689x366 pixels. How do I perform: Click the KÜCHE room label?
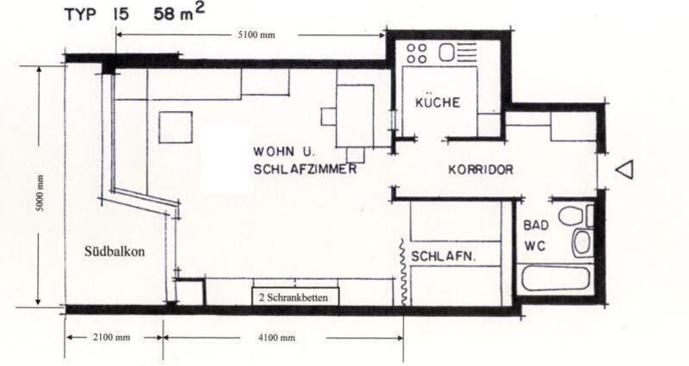click(438, 102)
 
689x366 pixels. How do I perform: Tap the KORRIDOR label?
click(481, 170)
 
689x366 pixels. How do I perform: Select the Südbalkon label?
click(113, 252)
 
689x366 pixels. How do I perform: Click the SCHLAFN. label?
click(444, 257)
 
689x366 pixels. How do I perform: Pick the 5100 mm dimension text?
click(255, 34)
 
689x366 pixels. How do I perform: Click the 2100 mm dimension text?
click(113, 337)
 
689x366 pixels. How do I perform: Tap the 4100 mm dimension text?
click(276, 337)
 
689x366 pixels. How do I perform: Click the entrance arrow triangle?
click(626, 171)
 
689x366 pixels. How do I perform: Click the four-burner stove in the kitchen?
click(417, 53)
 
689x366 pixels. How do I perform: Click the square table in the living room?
click(177, 127)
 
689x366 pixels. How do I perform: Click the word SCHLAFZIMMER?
click(306, 170)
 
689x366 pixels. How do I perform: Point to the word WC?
click(534, 245)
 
